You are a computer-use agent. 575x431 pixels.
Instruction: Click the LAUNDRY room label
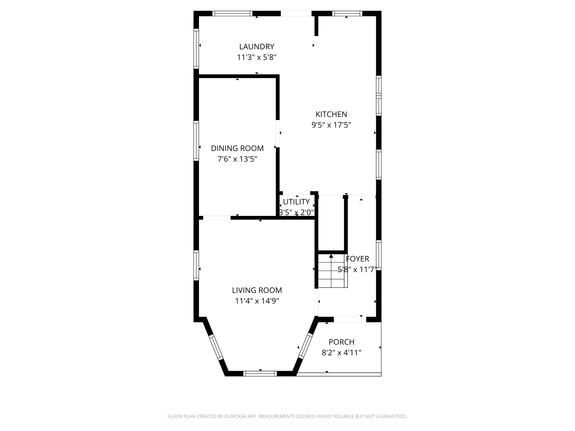(x=257, y=47)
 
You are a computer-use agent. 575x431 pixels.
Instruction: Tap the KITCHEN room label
(x=331, y=114)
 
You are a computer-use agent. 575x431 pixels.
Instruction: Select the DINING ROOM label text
(x=237, y=148)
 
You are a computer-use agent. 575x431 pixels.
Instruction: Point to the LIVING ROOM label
(x=257, y=290)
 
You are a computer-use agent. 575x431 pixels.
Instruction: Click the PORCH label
(x=341, y=342)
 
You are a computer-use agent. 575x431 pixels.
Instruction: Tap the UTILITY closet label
(x=296, y=202)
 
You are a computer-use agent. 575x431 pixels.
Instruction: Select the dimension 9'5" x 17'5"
(x=331, y=125)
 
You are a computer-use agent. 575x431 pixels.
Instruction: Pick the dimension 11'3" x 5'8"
(x=257, y=57)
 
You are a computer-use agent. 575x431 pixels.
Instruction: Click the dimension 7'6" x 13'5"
(x=237, y=159)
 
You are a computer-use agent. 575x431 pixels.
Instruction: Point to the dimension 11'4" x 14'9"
(x=257, y=301)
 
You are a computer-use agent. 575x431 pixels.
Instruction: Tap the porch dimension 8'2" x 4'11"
(x=341, y=352)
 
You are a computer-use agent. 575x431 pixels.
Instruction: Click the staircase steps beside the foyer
(x=333, y=271)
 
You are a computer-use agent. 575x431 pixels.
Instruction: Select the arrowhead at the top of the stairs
(x=331, y=256)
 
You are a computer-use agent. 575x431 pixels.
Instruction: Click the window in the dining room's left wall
(x=196, y=141)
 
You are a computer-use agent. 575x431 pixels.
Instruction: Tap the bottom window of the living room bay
(x=260, y=374)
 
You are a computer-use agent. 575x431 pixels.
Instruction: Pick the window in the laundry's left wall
(x=196, y=49)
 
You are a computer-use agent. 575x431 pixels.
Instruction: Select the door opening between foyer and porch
(x=350, y=320)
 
